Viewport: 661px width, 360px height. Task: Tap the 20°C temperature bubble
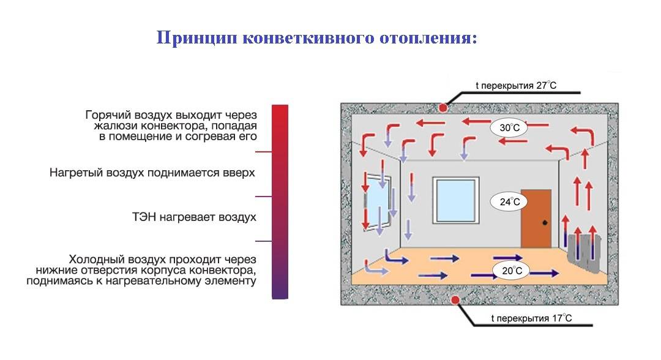tap(509, 270)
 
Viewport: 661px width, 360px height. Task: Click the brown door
tap(536, 217)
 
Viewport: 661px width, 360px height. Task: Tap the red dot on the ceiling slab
tap(443, 108)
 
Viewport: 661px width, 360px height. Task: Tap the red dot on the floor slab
tap(455, 299)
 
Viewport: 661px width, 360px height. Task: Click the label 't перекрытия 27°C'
tap(516, 86)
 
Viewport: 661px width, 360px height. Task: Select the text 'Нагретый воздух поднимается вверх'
tap(152, 173)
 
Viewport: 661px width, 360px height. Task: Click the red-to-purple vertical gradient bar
tap(279, 202)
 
